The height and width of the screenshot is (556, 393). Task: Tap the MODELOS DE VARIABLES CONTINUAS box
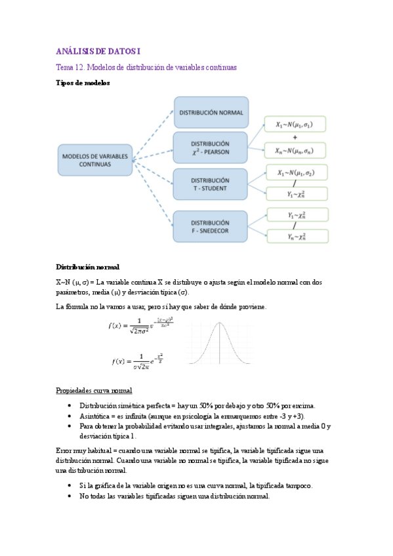tap(95, 161)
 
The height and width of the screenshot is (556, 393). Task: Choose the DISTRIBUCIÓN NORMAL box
tap(211, 112)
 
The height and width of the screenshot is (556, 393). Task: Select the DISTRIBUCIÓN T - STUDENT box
tap(210, 184)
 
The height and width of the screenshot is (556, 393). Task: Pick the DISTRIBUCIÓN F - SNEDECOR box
tap(210, 227)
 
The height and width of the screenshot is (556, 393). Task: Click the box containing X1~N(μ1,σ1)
tap(295, 125)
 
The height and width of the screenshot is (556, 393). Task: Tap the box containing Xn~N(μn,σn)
tap(295, 150)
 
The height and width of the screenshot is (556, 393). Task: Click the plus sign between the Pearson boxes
tap(295, 138)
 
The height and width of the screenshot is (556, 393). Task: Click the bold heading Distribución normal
tap(87, 268)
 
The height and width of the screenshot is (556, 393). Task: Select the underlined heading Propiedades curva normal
tap(94, 391)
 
